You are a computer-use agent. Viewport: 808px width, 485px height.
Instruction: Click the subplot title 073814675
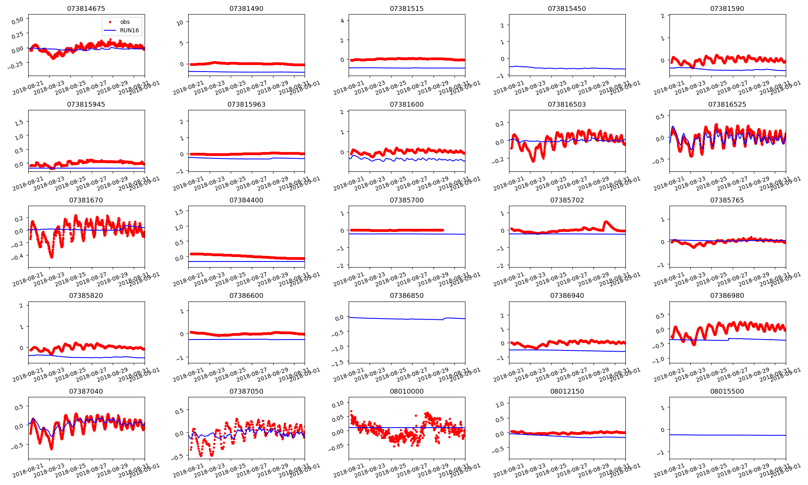[86, 8]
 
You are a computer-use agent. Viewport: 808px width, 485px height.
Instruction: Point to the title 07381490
[246, 8]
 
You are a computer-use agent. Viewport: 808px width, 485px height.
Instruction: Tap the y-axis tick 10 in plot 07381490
[180, 23]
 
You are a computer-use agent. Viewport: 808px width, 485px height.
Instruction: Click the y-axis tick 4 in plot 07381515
[342, 20]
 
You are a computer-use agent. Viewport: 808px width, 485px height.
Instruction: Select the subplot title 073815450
[567, 8]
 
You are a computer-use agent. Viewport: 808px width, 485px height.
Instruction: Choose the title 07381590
[727, 8]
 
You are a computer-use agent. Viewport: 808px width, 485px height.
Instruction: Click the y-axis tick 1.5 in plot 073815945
[19, 122]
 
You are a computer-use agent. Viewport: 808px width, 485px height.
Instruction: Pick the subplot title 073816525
[727, 104]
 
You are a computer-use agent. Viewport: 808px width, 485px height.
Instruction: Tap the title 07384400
[246, 200]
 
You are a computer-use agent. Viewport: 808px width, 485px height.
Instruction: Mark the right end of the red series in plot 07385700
[443, 230]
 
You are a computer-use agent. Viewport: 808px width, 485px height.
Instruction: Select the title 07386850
[406, 295]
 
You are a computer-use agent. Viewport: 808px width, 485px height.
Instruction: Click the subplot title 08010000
[406, 391]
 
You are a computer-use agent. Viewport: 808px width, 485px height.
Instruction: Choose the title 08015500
[727, 391]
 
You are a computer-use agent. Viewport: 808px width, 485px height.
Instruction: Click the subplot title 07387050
[246, 391]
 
